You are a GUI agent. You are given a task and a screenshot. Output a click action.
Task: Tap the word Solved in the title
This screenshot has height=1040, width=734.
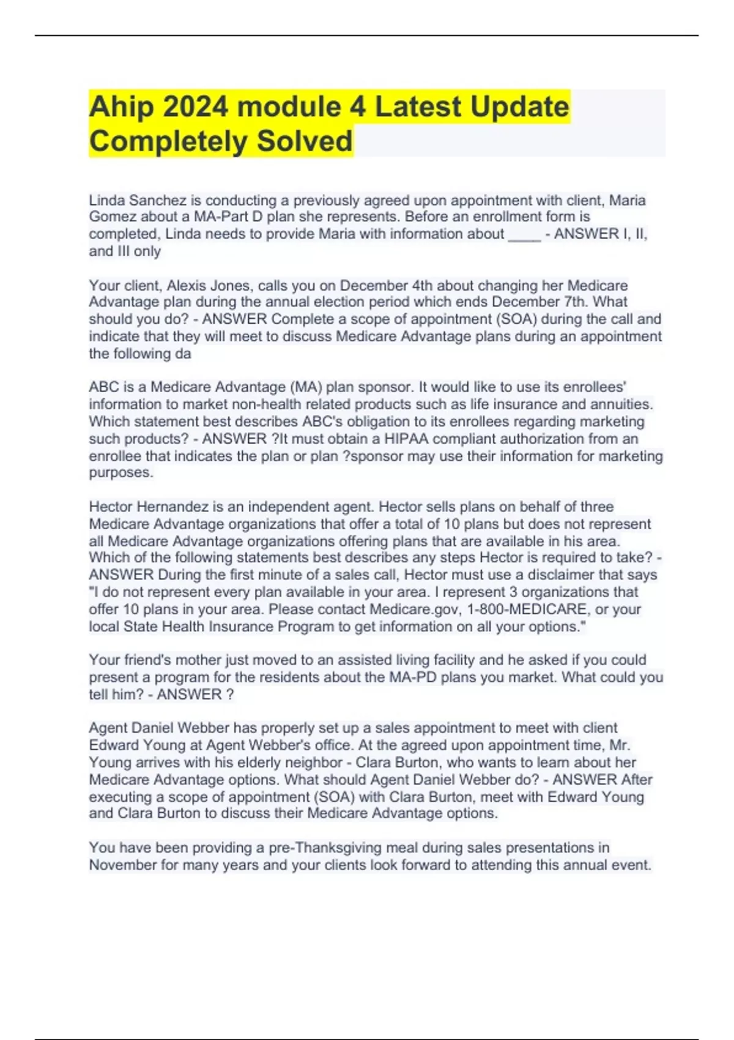[x=304, y=141]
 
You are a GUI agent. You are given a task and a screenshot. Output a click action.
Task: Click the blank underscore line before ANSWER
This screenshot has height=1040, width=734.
[x=524, y=234]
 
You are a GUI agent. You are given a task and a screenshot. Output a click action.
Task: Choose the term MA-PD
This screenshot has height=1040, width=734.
[x=413, y=677]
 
